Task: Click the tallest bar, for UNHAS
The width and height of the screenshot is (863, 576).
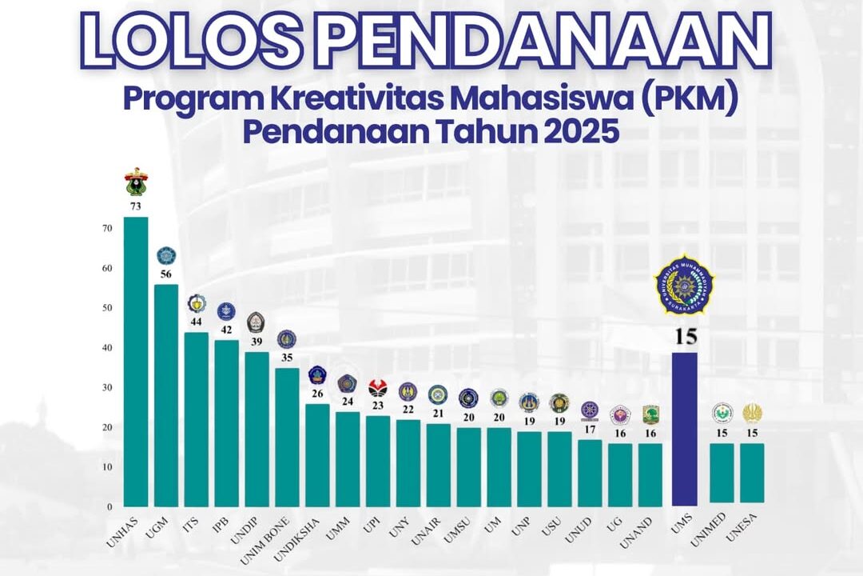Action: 135,360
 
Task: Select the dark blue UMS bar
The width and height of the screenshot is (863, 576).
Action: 685,428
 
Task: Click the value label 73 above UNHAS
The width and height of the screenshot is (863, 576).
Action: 135,206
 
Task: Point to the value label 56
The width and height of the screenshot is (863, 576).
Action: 165,274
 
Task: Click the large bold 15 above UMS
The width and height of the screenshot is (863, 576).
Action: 685,336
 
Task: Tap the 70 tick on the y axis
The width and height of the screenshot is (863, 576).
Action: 106,229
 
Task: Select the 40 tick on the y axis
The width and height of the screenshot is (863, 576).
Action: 106,348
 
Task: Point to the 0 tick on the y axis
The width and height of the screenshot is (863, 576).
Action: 109,506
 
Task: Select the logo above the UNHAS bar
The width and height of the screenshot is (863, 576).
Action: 136,183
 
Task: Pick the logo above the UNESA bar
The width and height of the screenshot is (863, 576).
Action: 752,413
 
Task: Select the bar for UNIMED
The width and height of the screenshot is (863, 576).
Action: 722,473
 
